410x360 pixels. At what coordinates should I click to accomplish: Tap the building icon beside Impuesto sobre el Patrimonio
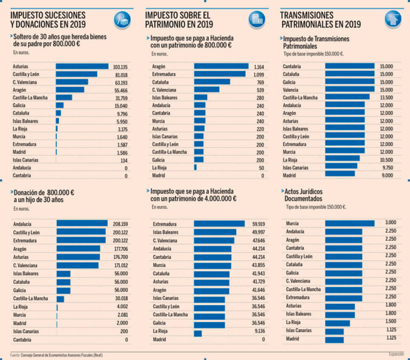(x=256, y=19)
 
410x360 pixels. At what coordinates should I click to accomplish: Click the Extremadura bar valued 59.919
(x=219, y=225)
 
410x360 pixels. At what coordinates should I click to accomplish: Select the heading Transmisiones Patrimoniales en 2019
(x=320, y=19)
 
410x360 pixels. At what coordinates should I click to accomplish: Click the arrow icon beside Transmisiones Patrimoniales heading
(x=393, y=19)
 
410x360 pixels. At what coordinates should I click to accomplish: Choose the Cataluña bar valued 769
(x=211, y=82)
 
